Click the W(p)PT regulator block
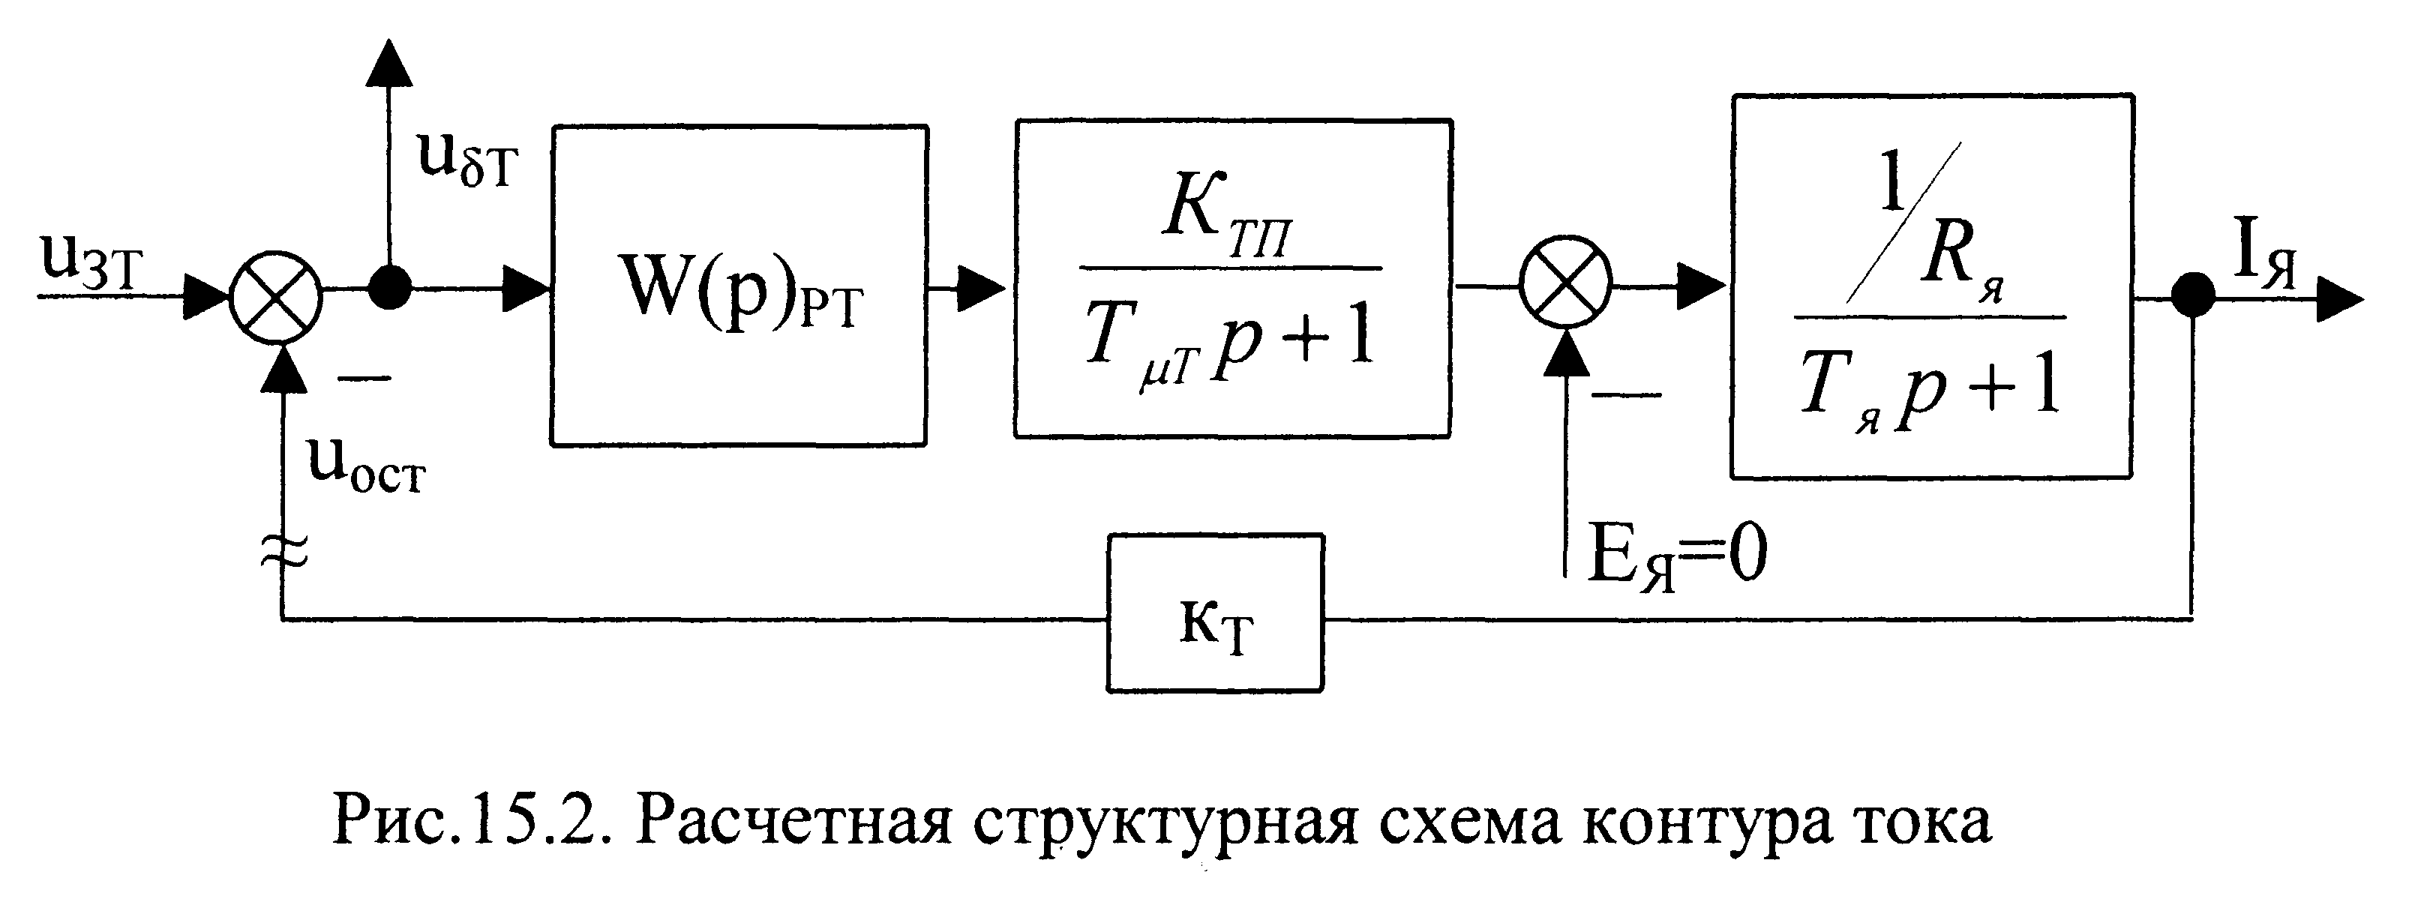click(x=739, y=286)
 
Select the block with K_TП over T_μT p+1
click(x=1232, y=279)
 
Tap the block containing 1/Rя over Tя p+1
click(x=1931, y=286)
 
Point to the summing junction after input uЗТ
click(x=277, y=297)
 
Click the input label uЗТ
click(x=91, y=261)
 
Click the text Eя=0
click(x=1677, y=556)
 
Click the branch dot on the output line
click(x=2193, y=298)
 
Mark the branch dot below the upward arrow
click(x=389, y=286)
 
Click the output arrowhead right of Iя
click(x=2339, y=298)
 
